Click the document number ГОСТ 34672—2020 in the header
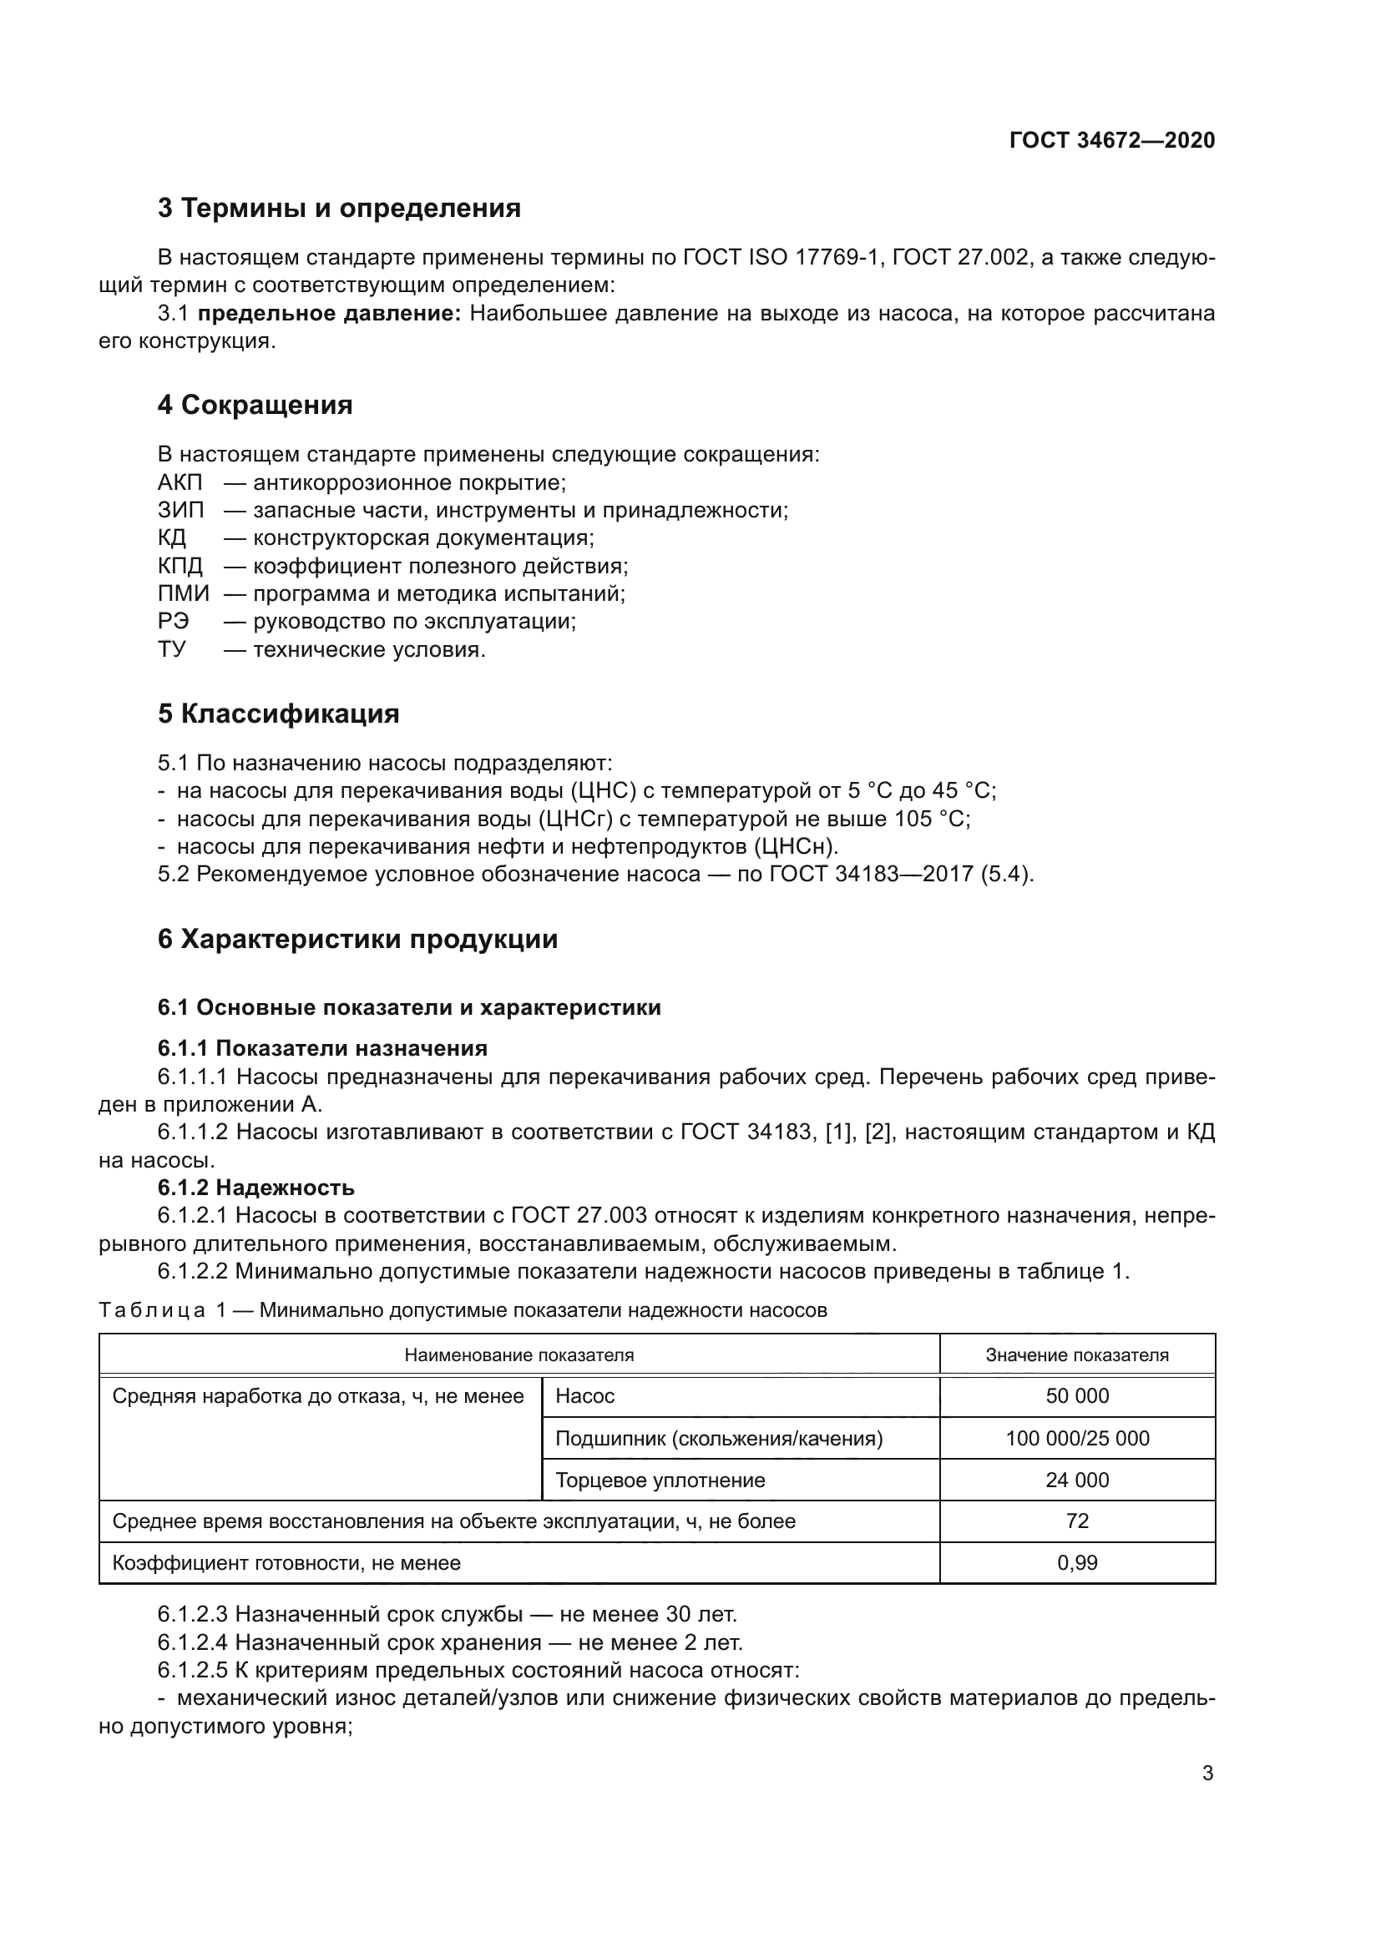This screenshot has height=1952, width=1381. pos(1111,140)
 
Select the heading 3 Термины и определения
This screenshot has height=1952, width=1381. pos(338,209)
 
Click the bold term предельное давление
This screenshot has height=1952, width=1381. pos(329,314)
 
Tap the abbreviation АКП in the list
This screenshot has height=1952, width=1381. pos(180,483)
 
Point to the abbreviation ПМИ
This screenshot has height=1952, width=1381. pos(183,593)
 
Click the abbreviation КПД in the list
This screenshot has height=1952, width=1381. pos(180,566)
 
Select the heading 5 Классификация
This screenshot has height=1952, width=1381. pos(278,714)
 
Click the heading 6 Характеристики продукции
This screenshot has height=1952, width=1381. pos(357,940)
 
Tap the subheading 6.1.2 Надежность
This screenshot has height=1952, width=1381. pos(256,1188)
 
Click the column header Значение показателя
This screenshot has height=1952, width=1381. pos(1076,1355)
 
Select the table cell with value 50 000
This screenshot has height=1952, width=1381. pos(1076,1396)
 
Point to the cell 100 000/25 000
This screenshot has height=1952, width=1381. pos(1076,1439)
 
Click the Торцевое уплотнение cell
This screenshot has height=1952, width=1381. pos(660,1480)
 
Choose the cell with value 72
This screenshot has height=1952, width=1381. pos(1076,1521)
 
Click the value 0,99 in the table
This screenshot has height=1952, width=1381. pos(1076,1562)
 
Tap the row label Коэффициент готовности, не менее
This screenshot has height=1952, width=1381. pos(286,1562)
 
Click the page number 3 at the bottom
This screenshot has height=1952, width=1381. pos(1207,1773)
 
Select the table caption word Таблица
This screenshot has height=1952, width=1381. pos(152,1310)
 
